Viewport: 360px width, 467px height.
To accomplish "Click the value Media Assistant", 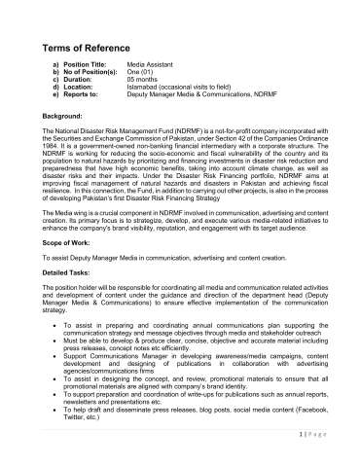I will coord(157,74).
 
